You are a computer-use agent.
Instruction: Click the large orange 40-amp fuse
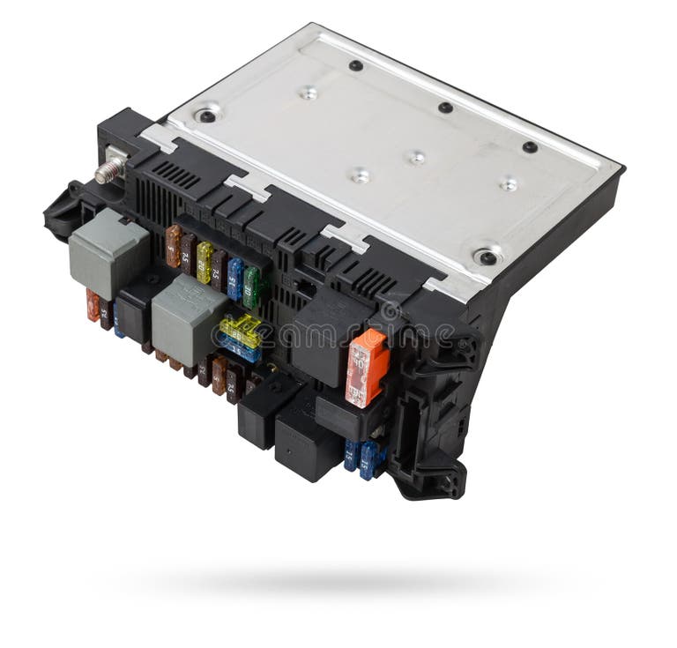(366, 367)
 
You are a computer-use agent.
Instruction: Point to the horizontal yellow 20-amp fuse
(241, 331)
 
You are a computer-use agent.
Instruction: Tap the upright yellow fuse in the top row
(205, 261)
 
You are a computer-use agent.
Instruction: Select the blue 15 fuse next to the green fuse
(234, 279)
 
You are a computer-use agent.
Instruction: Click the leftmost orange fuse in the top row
(174, 246)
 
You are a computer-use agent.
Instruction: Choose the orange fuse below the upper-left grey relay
(93, 305)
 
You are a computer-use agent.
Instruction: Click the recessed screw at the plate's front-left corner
(207, 115)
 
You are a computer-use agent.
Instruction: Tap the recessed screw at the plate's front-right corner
(486, 257)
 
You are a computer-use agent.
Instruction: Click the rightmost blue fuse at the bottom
(368, 459)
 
